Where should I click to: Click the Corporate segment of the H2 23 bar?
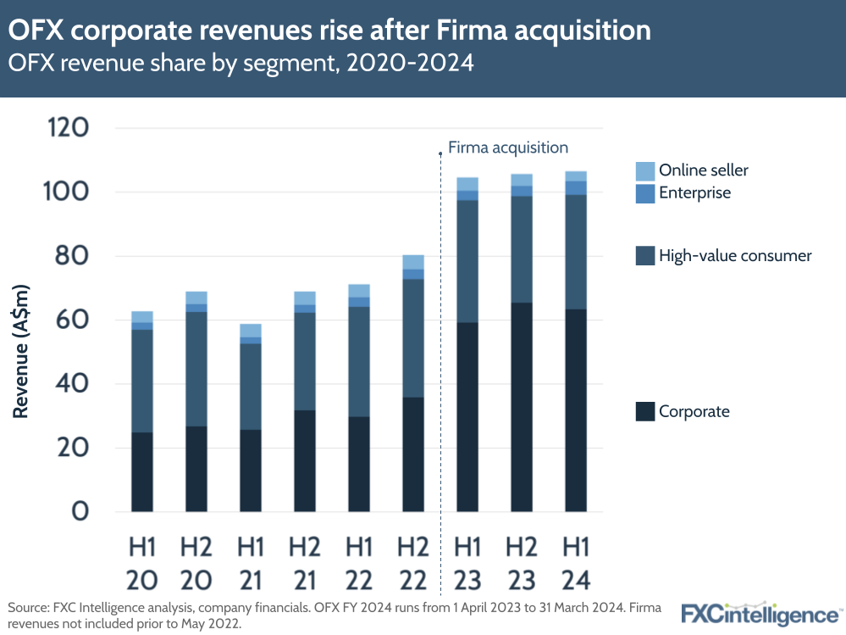(522, 407)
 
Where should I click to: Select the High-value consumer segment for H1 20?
(142, 381)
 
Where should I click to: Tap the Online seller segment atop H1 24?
(576, 176)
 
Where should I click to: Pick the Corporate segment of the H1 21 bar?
(251, 471)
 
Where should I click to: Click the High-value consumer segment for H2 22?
(413, 338)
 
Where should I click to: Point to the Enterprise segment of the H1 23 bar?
(467, 196)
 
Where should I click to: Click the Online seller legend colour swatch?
(644, 170)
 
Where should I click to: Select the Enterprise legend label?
(694, 192)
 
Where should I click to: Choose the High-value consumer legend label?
(735, 255)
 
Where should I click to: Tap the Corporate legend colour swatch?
(644, 412)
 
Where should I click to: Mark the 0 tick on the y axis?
(80, 512)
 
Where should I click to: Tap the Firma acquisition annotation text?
(508, 148)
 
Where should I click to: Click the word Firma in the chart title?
(484, 31)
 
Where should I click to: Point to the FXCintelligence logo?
(760, 613)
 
